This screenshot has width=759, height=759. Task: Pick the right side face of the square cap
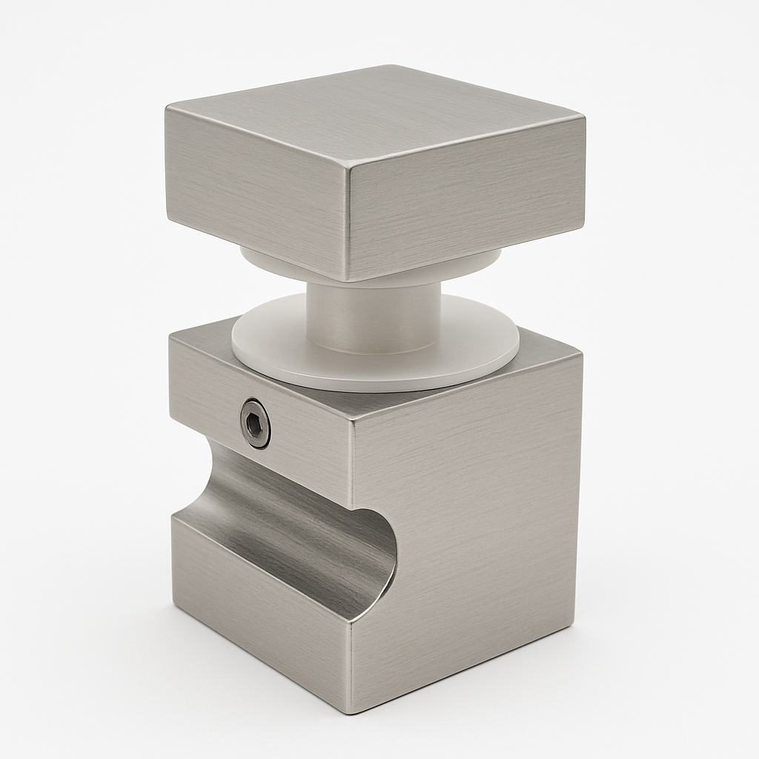[x=467, y=200]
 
